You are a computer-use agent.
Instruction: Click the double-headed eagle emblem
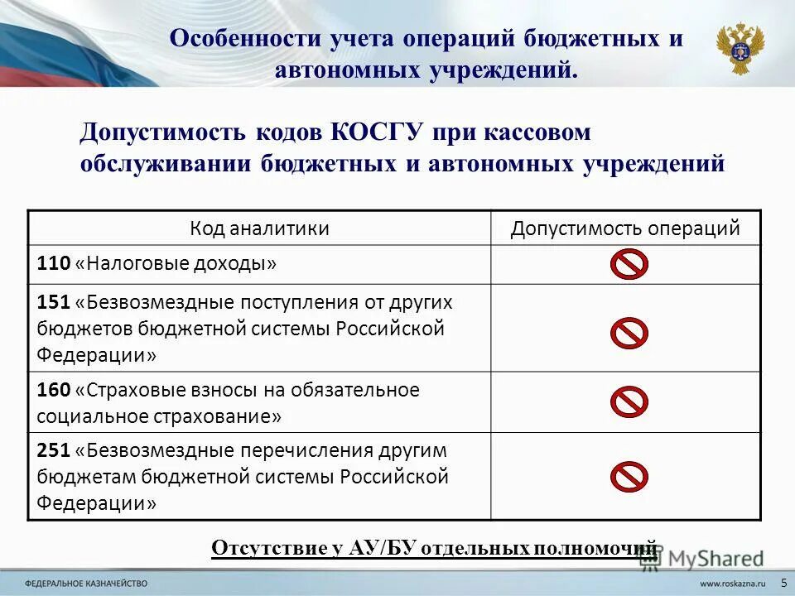[740, 49]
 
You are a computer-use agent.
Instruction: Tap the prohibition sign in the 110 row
[629, 264]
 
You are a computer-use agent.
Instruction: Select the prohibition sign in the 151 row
[629, 333]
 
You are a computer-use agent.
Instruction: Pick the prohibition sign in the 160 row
[629, 401]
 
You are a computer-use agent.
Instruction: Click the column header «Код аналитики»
[259, 228]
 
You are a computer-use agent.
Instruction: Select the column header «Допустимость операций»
[625, 228]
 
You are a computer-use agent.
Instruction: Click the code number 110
[53, 264]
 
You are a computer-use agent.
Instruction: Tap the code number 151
[53, 302]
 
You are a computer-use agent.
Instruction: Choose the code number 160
[53, 390]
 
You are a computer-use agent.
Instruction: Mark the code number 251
[53, 451]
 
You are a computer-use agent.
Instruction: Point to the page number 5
[783, 583]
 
